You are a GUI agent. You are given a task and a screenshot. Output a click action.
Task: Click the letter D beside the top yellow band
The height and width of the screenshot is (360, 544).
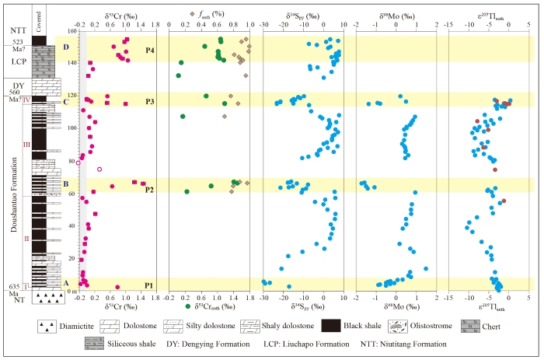tap(65, 47)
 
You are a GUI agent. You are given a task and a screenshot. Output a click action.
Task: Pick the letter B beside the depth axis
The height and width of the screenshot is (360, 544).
tap(65, 184)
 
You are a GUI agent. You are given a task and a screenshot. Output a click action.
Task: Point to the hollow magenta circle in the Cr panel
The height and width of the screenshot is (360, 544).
tap(99, 169)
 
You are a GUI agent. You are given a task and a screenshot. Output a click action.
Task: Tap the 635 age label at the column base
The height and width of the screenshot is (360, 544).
tap(16, 285)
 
